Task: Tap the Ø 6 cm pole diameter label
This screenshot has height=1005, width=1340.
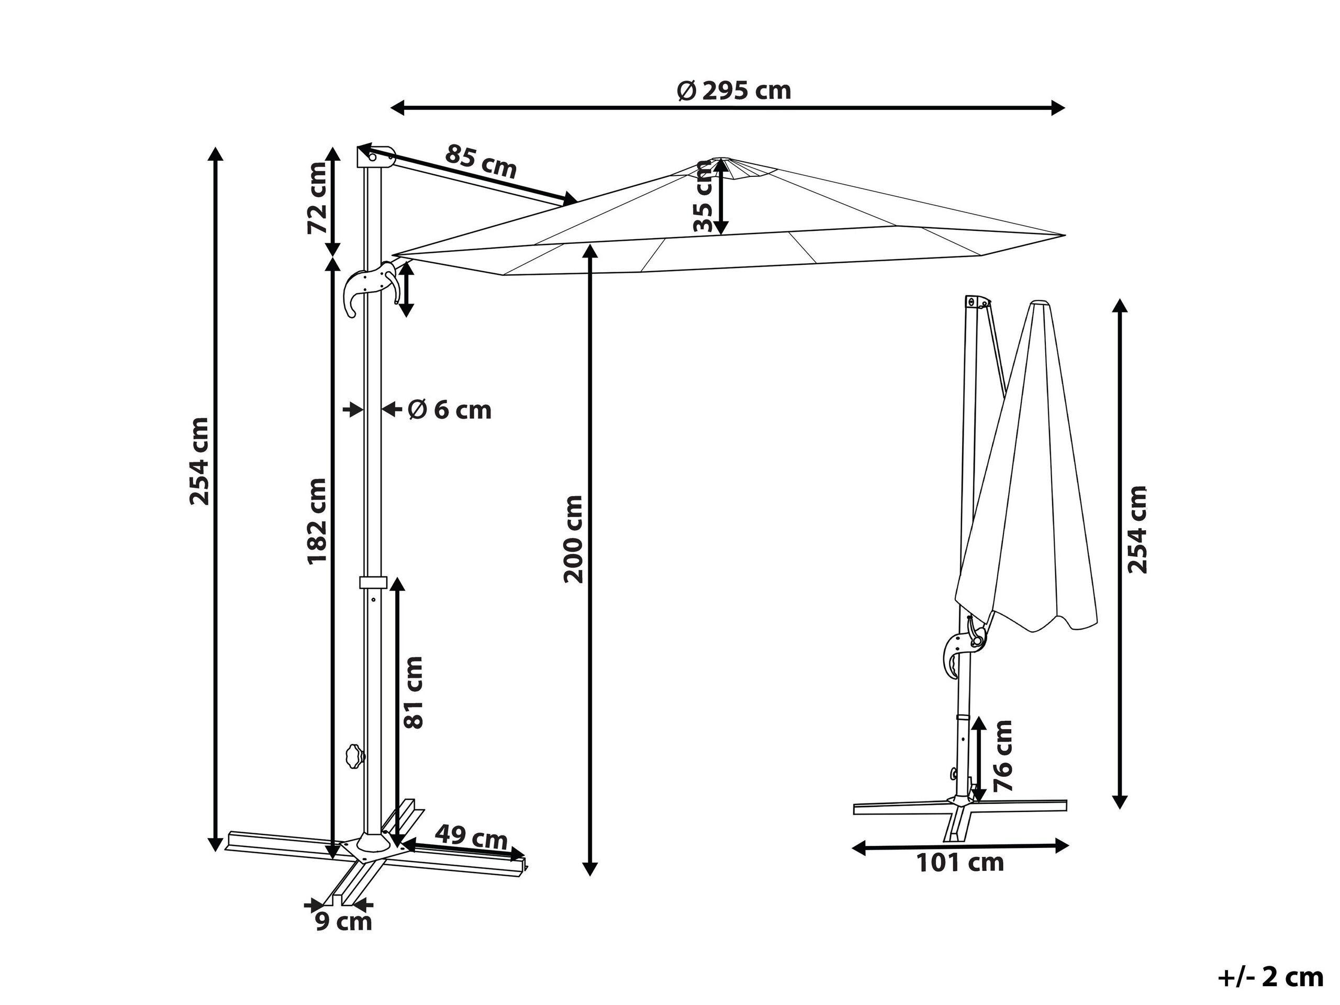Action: pyautogui.click(x=450, y=410)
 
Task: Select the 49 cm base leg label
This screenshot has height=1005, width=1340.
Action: pyautogui.click(x=471, y=839)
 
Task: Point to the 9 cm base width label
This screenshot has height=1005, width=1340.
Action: pyautogui.click(x=343, y=922)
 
